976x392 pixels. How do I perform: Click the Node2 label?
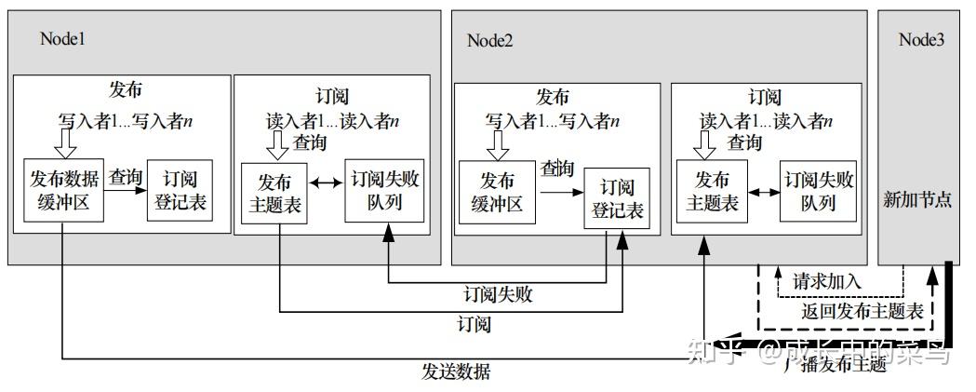(490, 40)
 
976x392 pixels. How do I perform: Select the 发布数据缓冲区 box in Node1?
(62, 190)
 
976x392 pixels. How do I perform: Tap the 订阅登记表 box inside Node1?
(179, 190)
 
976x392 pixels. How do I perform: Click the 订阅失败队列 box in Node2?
(819, 192)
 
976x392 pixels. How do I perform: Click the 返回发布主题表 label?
(862, 311)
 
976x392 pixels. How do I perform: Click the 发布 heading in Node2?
(553, 97)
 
